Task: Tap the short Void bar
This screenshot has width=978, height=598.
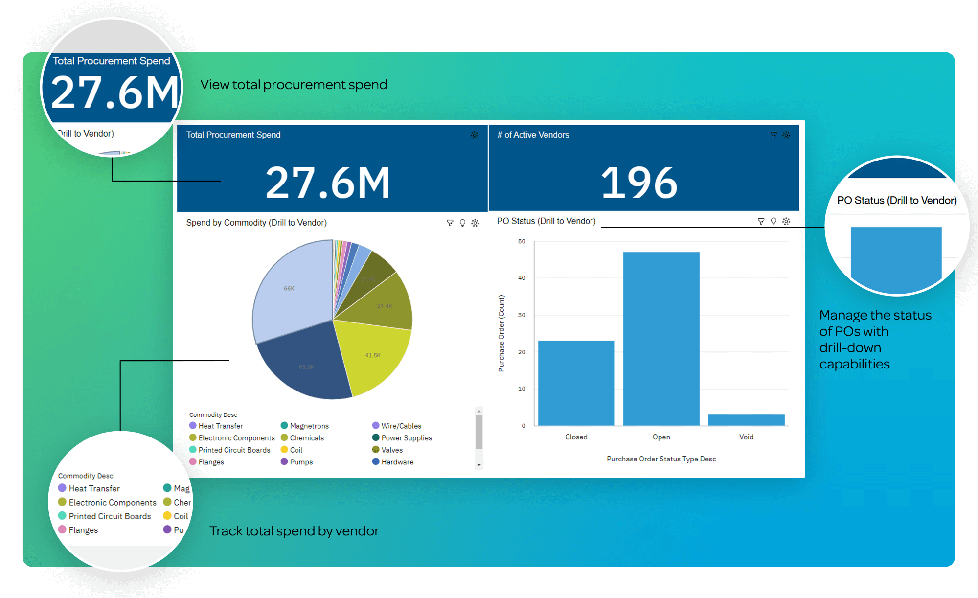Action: tap(746, 420)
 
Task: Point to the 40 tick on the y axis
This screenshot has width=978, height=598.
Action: tap(522, 278)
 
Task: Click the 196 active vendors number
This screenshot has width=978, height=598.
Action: tap(639, 183)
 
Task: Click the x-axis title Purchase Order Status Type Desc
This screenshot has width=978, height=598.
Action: tap(661, 459)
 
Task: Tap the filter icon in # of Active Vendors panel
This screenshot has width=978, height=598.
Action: tap(773, 135)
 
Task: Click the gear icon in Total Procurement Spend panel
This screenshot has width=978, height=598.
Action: tap(474, 135)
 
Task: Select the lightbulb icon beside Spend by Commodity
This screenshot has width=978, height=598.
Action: tap(462, 223)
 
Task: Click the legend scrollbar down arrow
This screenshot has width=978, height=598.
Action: tap(479, 465)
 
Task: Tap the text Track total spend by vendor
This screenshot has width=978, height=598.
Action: tap(294, 531)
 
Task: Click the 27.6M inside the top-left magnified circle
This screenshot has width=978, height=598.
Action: tap(115, 93)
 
